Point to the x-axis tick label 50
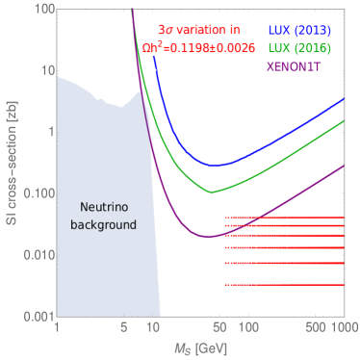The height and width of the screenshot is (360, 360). tap(220, 329)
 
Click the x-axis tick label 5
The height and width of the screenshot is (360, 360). tap(124, 329)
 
